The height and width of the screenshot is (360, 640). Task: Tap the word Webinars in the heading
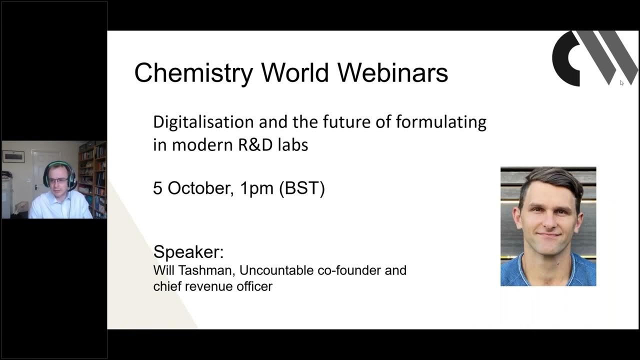click(x=392, y=73)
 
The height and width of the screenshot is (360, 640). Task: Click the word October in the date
click(x=199, y=188)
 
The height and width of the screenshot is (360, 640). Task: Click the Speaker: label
click(x=188, y=251)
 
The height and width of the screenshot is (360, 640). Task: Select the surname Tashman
click(x=208, y=270)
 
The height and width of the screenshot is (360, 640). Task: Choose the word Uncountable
click(x=276, y=270)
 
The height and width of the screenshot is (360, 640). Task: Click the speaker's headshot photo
click(x=548, y=226)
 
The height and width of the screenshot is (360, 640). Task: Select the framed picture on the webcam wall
click(x=13, y=156)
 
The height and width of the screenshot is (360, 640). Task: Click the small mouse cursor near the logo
click(x=621, y=83)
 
